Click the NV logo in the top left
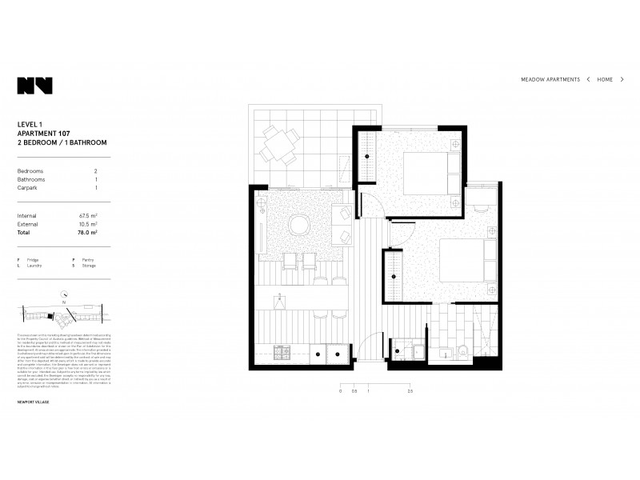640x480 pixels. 34,86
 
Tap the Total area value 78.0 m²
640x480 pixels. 87,233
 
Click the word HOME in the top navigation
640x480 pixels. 605,80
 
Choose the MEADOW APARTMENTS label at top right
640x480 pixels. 550,80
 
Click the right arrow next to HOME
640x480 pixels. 622,80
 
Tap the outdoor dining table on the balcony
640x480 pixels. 278,145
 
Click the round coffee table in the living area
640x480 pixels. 299,224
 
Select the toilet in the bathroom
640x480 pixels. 462,350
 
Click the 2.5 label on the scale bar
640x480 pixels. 410,392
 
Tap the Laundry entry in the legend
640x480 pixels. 30,266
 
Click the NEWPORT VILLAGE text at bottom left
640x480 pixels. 33,402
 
